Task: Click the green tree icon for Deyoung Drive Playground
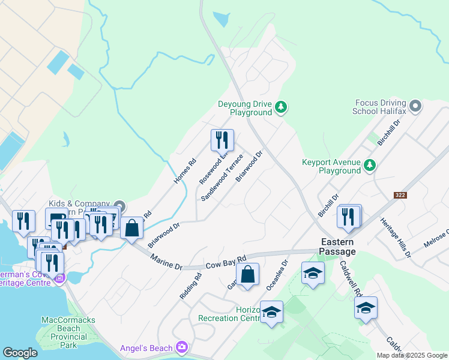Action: click(281, 108)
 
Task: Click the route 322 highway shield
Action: click(401, 196)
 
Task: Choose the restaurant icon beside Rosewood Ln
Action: click(222, 140)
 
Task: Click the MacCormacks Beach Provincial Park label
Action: click(68, 332)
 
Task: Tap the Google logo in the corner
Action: click(20, 353)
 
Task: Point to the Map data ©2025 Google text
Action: click(412, 355)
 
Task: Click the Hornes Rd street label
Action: click(185, 171)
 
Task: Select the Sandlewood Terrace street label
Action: click(222, 177)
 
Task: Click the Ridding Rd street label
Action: click(190, 286)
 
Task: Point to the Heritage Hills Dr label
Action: click(395, 238)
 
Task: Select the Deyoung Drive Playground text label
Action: click(245, 108)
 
